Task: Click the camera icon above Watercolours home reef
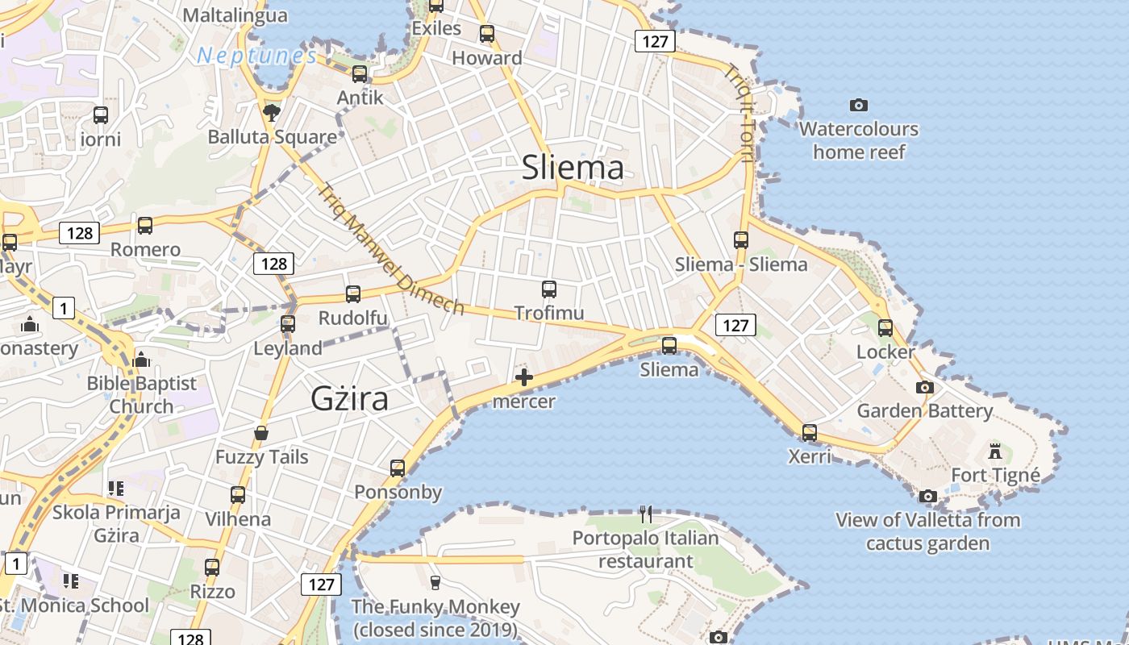pyautogui.click(x=859, y=105)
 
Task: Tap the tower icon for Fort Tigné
pyautogui.click(x=995, y=451)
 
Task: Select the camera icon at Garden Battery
pyautogui.click(x=925, y=387)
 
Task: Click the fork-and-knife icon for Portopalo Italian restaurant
pyautogui.click(x=645, y=514)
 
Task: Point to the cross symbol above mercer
pyautogui.click(x=524, y=377)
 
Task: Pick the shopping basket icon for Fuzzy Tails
pyautogui.click(x=261, y=433)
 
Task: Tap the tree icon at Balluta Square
pyautogui.click(x=272, y=112)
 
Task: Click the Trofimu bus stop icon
pyautogui.click(x=549, y=289)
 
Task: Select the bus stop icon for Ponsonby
pyautogui.click(x=398, y=468)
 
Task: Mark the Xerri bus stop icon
pyautogui.click(x=810, y=433)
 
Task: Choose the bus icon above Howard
pyautogui.click(x=487, y=34)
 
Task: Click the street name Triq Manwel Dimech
pyautogui.click(x=391, y=250)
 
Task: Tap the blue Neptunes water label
pyautogui.click(x=257, y=56)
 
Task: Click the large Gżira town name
pyautogui.click(x=349, y=399)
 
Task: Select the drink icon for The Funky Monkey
pyautogui.click(x=435, y=582)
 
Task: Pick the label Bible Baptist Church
pyautogui.click(x=142, y=394)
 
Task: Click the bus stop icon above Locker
pyautogui.click(x=885, y=328)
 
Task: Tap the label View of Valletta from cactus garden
pyautogui.click(x=927, y=531)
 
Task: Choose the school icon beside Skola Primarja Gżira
pyautogui.click(x=115, y=489)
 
